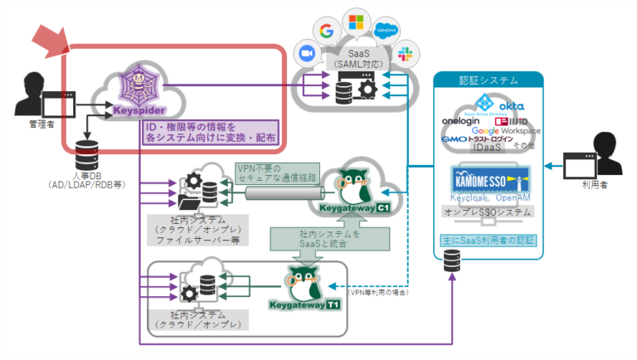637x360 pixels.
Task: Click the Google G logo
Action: [x=325, y=32]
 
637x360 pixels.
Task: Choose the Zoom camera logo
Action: [x=303, y=51]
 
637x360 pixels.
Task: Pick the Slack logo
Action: [x=406, y=55]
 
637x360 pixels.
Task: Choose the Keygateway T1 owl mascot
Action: [x=303, y=282]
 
